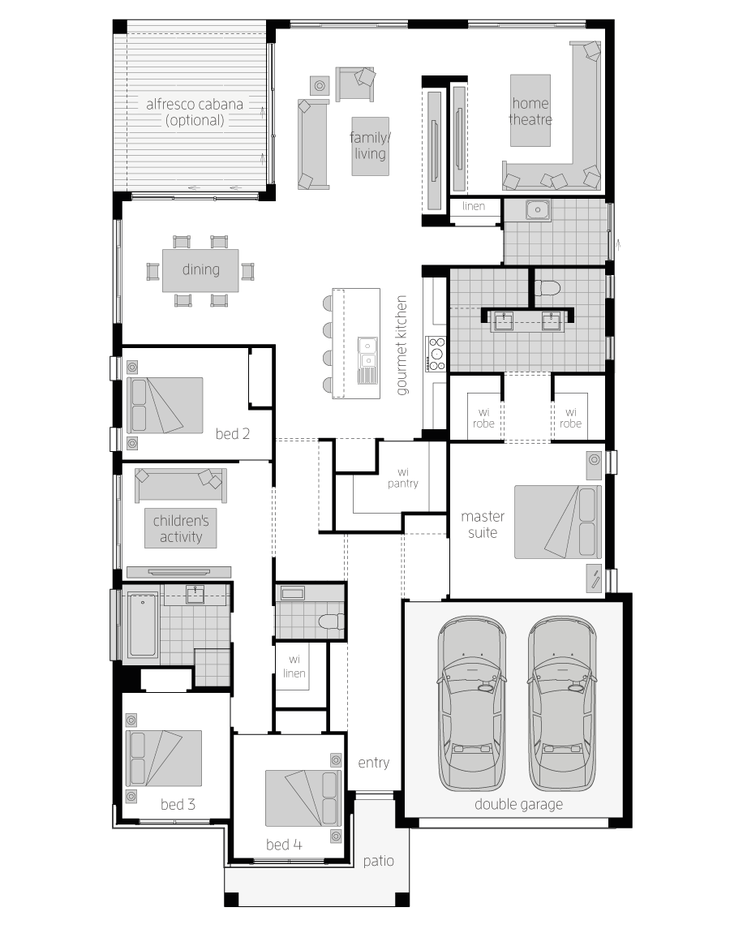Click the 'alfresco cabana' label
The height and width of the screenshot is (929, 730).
pyautogui.click(x=195, y=105)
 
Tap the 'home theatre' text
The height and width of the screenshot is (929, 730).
pyautogui.click(x=530, y=111)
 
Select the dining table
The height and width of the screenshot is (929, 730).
pyautogui.click(x=200, y=270)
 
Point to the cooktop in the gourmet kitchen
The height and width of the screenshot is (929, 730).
pyautogui.click(x=436, y=354)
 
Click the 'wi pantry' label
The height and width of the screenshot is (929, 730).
pyautogui.click(x=403, y=478)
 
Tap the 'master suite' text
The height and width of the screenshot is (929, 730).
pyautogui.click(x=483, y=524)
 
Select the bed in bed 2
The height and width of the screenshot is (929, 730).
pyautogui.click(x=164, y=405)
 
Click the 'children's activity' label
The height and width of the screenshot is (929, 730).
pyautogui.click(x=181, y=528)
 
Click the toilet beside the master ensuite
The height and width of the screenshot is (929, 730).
pyautogui.click(x=547, y=289)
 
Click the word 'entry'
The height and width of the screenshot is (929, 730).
pyautogui.click(x=373, y=763)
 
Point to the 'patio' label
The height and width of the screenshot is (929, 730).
pyautogui.click(x=378, y=861)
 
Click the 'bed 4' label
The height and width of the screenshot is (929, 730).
pyautogui.click(x=284, y=845)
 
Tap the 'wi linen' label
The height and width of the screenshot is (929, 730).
pyautogui.click(x=294, y=667)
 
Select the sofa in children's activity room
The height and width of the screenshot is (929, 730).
pyautogui.click(x=181, y=486)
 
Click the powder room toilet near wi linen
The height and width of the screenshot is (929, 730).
pyautogui.click(x=331, y=621)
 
